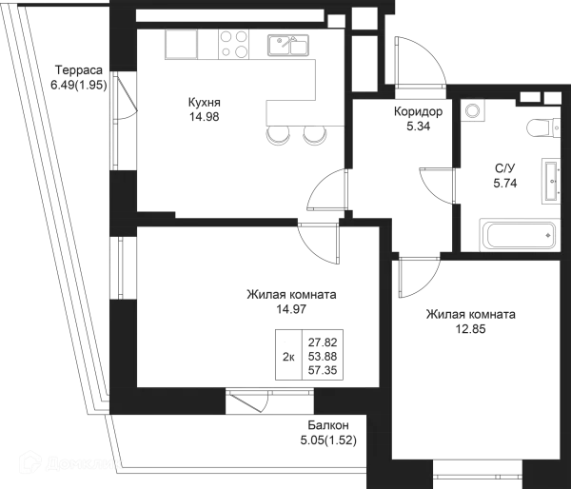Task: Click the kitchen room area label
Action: tap(203, 107)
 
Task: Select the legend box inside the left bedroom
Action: tap(311, 352)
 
